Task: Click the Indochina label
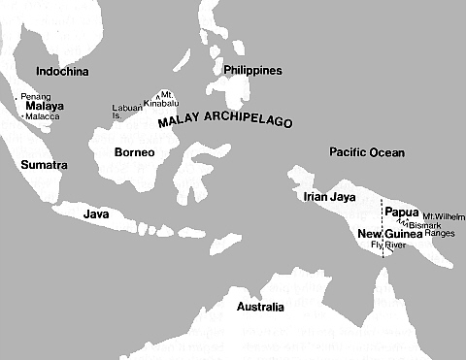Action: click(x=61, y=72)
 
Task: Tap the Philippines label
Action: click(x=252, y=71)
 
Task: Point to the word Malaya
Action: click(x=45, y=106)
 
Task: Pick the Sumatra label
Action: click(x=44, y=165)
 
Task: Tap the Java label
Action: click(x=95, y=213)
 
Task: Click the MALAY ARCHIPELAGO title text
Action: click(x=224, y=121)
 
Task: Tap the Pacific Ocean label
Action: click(x=366, y=152)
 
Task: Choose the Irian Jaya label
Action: click(x=326, y=197)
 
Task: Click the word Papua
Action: click(x=401, y=211)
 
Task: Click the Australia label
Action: click(x=260, y=308)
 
